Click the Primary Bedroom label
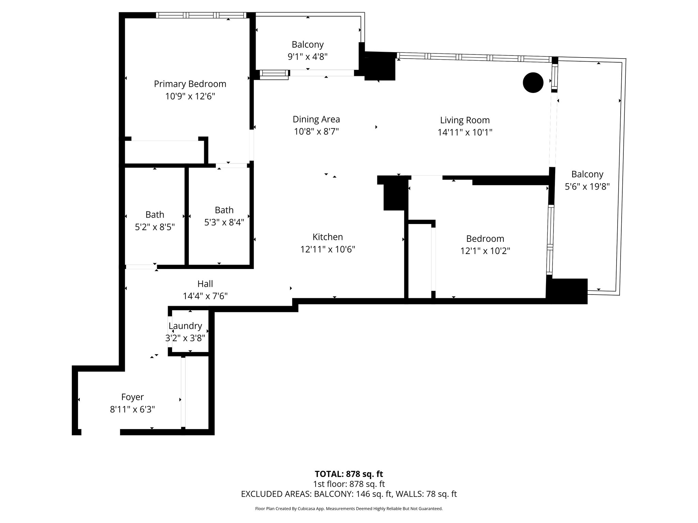(190, 84)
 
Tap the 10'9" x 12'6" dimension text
(190, 96)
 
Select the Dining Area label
(316, 120)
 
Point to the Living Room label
(465, 120)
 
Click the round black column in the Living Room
(533, 83)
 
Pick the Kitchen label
(328, 237)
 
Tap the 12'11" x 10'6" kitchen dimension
(328, 250)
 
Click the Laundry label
(185, 326)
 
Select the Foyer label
(133, 397)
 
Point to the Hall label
(205, 284)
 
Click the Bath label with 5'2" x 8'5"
(155, 215)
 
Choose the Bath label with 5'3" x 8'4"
(224, 210)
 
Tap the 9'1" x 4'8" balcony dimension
(308, 57)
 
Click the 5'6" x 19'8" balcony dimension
(587, 187)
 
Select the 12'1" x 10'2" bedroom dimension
(485, 251)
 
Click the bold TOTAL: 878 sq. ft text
(349, 474)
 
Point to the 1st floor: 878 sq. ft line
(349, 484)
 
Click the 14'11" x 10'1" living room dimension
(465, 132)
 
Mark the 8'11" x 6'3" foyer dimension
(133, 409)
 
